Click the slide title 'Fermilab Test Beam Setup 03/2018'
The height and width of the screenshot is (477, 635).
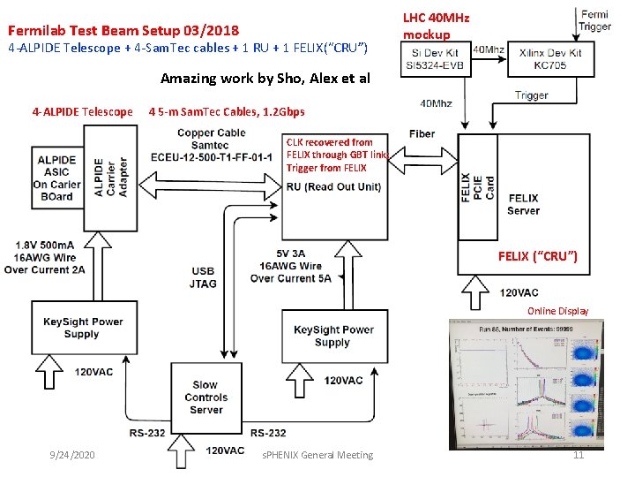123,29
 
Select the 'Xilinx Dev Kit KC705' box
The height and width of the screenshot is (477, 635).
550,58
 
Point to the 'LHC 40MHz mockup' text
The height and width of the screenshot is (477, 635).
436,26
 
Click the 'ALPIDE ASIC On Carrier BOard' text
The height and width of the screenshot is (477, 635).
56,178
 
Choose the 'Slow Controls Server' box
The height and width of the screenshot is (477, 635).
205,397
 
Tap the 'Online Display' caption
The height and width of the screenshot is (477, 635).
557,311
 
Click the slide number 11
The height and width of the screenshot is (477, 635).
579,455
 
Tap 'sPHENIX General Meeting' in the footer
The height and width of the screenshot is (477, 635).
318,455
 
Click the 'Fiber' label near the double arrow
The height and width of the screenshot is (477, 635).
422,133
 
